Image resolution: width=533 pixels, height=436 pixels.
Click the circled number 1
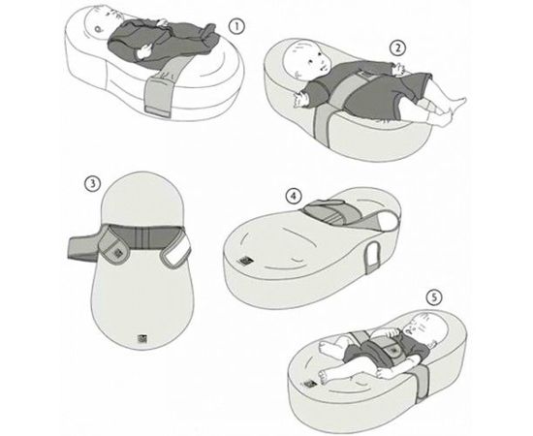236,26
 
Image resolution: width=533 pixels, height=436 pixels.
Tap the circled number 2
397,48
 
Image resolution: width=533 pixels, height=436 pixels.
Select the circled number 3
92,184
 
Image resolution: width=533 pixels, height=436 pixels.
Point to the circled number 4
294,197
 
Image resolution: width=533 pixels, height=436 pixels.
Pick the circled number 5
434,297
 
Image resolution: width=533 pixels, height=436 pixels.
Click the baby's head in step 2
307,60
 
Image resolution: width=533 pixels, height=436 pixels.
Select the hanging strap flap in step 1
160,95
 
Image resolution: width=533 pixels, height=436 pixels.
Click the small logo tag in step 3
141,338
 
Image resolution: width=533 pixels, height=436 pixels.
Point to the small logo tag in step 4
244,262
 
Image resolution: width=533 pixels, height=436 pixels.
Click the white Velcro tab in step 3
177,253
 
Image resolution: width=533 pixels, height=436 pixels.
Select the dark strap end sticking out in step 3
83,248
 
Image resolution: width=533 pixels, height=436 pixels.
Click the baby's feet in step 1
208,34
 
